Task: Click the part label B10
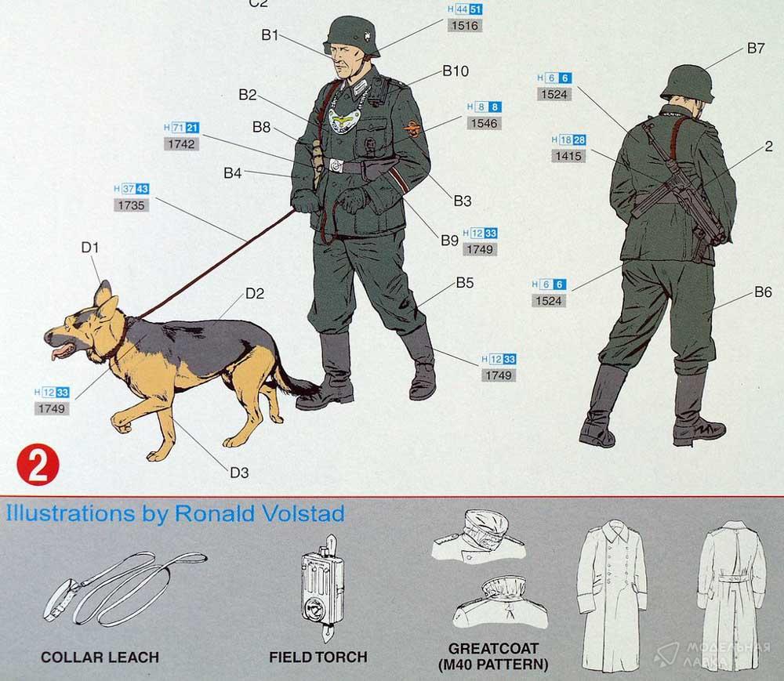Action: point(456,71)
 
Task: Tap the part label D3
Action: point(239,472)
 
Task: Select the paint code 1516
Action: point(464,26)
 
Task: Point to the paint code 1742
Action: point(181,144)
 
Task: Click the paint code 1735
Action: point(131,205)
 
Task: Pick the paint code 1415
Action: point(568,156)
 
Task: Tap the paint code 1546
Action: point(484,123)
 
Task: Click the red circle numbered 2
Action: point(38,465)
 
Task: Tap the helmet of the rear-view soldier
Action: point(687,83)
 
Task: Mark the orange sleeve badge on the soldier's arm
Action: point(412,129)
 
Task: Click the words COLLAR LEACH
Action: point(100,657)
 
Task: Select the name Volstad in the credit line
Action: point(307,513)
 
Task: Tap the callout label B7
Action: point(756,48)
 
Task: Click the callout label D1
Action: point(90,247)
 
